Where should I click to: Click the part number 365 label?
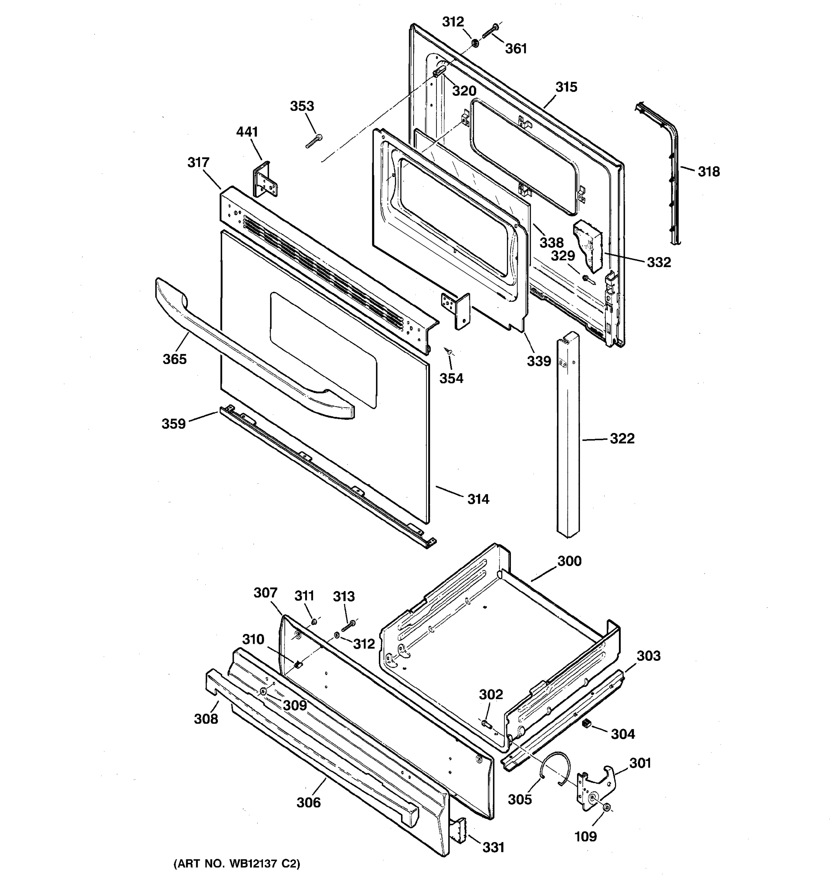point(174,359)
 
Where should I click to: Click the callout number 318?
point(708,171)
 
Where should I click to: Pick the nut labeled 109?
point(606,807)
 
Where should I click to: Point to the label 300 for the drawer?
point(570,561)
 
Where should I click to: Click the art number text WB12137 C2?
point(236,864)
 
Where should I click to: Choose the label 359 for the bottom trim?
point(174,423)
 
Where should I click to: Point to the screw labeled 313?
point(348,625)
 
